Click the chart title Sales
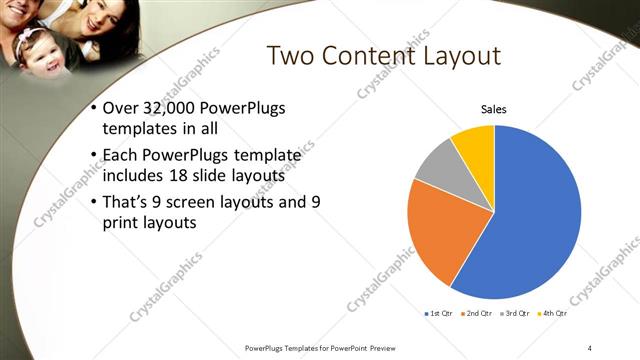coord(494,108)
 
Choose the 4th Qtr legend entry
coord(553,313)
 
